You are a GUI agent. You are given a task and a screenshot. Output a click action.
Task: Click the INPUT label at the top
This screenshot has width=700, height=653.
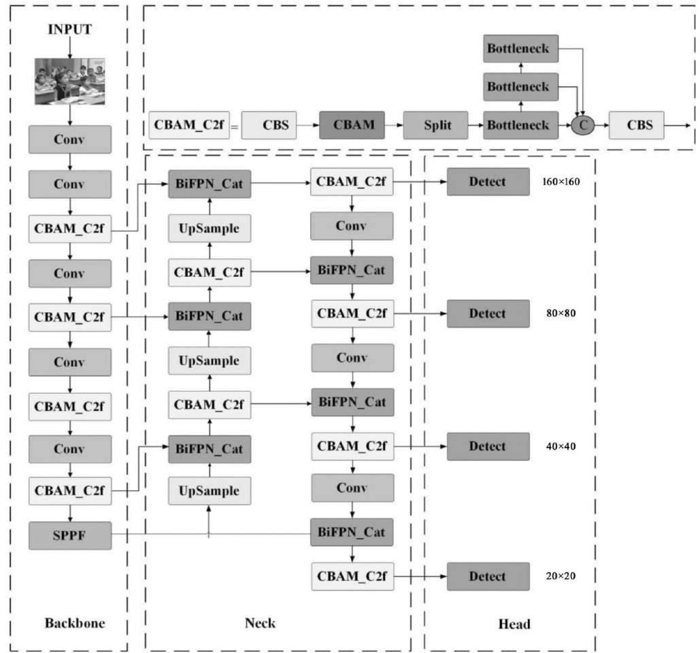click(x=69, y=29)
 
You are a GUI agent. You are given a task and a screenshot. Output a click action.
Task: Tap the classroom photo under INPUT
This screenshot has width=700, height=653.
click(x=69, y=82)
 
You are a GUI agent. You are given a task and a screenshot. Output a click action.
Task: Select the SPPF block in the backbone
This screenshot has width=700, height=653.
click(x=69, y=536)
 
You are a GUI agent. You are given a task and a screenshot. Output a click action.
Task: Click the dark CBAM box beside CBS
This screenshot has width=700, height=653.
click(x=352, y=125)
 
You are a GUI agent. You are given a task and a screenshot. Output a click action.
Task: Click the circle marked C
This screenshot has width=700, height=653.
click(x=582, y=125)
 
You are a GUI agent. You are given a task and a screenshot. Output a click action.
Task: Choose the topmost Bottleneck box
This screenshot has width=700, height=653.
click(x=521, y=48)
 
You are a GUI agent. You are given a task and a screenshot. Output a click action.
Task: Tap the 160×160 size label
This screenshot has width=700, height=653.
click(x=561, y=182)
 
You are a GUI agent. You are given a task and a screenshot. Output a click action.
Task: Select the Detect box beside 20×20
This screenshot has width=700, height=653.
click(x=488, y=576)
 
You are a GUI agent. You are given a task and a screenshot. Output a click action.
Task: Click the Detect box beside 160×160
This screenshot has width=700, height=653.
click(x=488, y=182)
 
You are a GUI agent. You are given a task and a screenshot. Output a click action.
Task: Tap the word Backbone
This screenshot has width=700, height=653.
click(x=75, y=622)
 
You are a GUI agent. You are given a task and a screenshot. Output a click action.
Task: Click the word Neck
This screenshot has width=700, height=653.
click(x=261, y=622)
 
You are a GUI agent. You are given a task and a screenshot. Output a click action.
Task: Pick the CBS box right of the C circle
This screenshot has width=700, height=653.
click(x=636, y=125)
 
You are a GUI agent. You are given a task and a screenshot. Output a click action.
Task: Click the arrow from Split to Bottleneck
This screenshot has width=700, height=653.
click(x=476, y=125)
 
